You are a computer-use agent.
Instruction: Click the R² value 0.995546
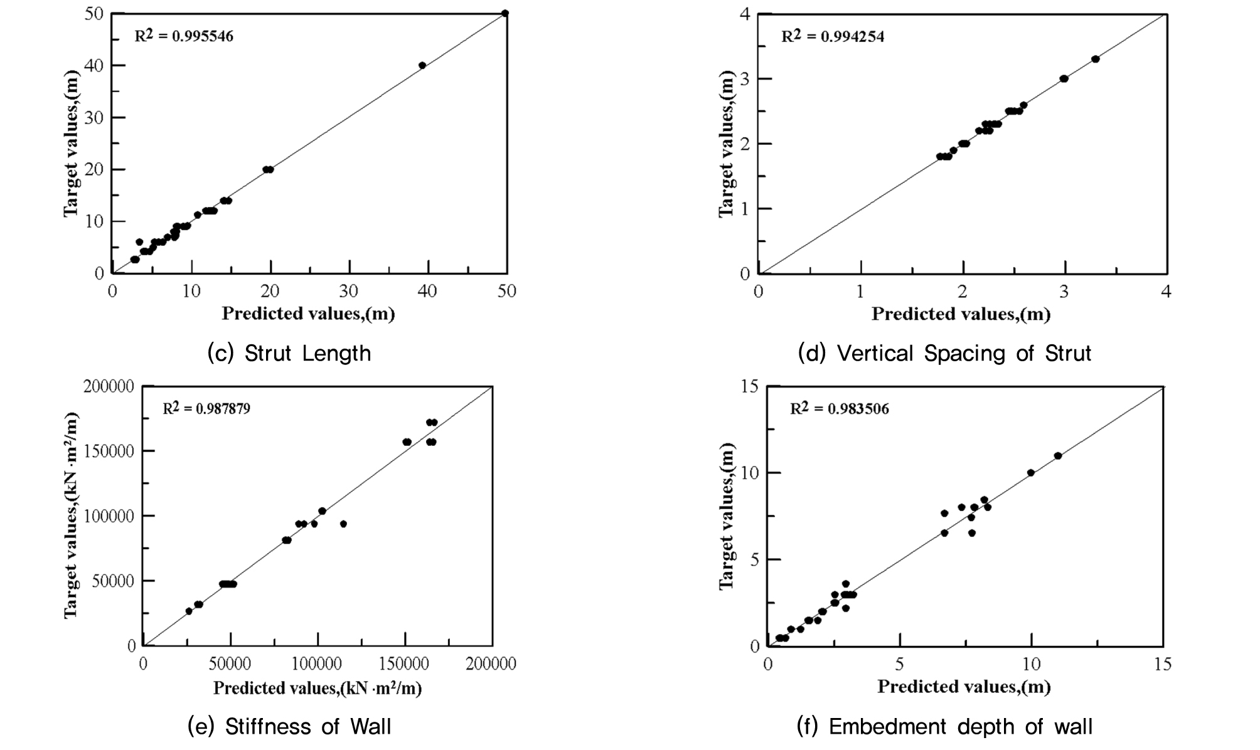click(184, 36)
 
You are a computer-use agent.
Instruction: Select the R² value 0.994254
click(833, 36)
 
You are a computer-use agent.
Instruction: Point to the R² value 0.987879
click(206, 409)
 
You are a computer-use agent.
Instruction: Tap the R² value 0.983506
click(839, 409)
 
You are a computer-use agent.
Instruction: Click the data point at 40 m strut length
click(422, 65)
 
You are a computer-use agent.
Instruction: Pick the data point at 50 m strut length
click(505, 13)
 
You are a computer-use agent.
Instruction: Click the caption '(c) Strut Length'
click(289, 354)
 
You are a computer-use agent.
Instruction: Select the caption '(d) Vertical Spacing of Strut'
click(944, 354)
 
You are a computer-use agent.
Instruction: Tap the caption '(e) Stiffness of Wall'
click(289, 726)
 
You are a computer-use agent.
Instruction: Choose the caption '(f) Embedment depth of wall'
click(944, 726)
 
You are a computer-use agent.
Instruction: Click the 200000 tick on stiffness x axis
click(491, 664)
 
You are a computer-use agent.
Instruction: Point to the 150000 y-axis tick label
click(109, 451)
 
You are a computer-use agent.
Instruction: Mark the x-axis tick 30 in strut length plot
click(349, 291)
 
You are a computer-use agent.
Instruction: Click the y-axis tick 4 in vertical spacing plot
click(745, 14)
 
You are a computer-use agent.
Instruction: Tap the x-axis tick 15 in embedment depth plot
click(1163, 664)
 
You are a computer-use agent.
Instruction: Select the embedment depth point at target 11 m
click(1058, 456)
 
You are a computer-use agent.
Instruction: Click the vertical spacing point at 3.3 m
click(1095, 59)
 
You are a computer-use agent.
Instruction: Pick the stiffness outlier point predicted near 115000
click(343, 524)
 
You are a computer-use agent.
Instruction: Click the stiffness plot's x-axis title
click(318, 688)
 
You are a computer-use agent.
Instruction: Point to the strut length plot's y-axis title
click(72, 144)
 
